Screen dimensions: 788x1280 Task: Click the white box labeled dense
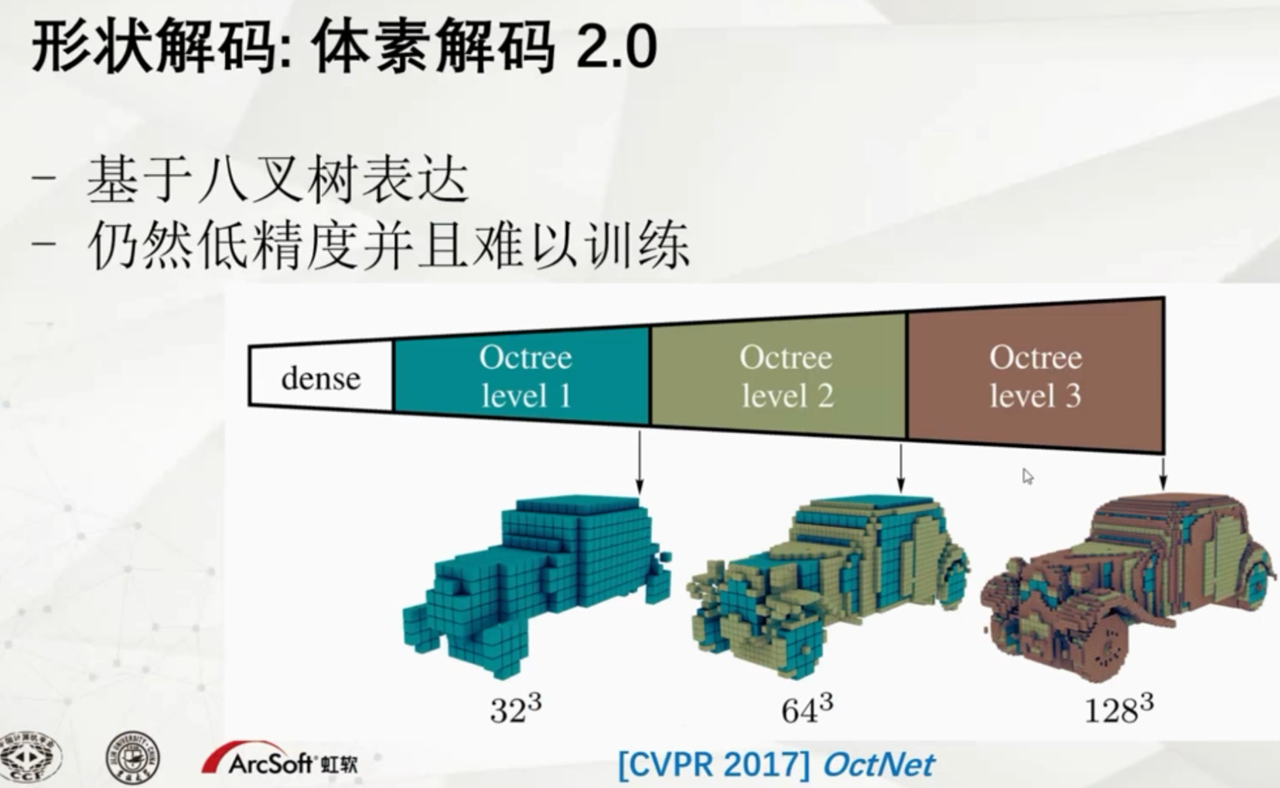click(x=321, y=378)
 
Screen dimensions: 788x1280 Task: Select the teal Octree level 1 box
click(x=524, y=376)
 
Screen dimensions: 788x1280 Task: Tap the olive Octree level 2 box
click(x=785, y=376)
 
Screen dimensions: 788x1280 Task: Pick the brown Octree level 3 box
click(x=1035, y=376)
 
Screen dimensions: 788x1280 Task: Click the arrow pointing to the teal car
click(x=640, y=462)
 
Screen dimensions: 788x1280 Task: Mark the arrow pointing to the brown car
click(x=1163, y=472)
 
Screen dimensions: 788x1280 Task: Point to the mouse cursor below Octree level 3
click(x=1027, y=476)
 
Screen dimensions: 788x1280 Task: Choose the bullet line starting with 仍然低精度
click(x=387, y=246)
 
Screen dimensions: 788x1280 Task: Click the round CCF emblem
click(x=31, y=757)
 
